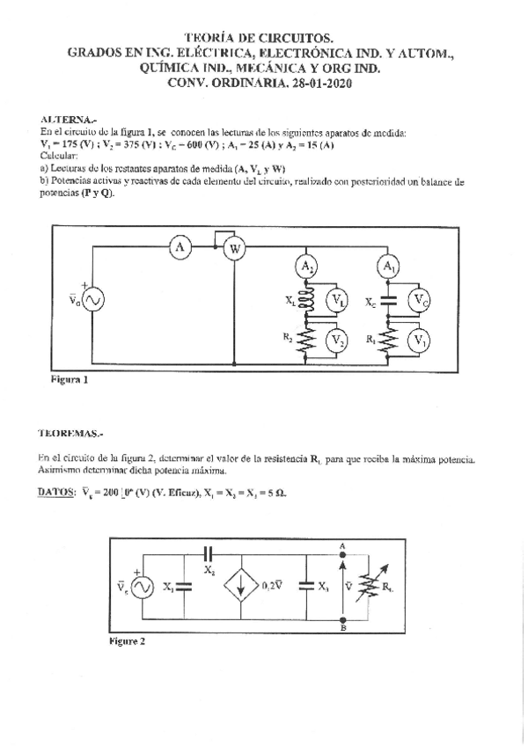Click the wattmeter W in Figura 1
click(x=235, y=250)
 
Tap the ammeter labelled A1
click(x=387, y=267)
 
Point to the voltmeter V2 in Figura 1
click(x=336, y=340)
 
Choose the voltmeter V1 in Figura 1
click(x=421, y=340)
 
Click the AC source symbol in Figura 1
click(x=92, y=301)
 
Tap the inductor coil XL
click(x=306, y=302)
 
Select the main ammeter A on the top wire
click(x=180, y=249)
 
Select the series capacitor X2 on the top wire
click(x=209, y=553)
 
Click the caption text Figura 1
click(x=69, y=382)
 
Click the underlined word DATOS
click(x=57, y=493)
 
